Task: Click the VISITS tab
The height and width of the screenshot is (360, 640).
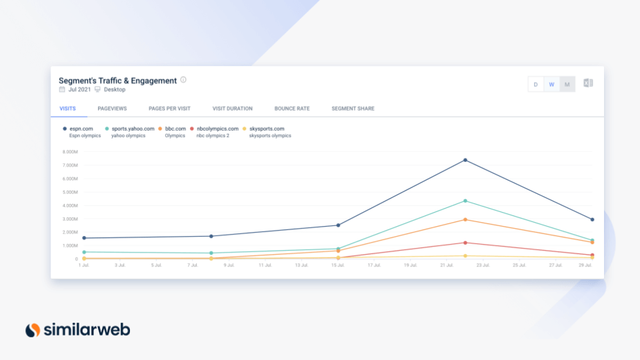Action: pyautogui.click(x=68, y=109)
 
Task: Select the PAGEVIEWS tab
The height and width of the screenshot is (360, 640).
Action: pyautogui.click(x=112, y=109)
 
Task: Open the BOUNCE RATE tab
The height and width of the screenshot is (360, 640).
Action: pyautogui.click(x=292, y=109)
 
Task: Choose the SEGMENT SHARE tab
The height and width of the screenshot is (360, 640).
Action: pyautogui.click(x=353, y=109)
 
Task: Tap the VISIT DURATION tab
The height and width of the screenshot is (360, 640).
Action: pyautogui.click(x=232, y=109)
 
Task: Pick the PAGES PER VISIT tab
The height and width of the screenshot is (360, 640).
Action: pyautogui.click(x=169, y=109)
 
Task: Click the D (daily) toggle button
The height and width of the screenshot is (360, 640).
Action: pyautogui.click(x=535, y=84)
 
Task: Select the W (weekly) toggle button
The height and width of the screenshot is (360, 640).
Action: pyautogui.click(x=551, y=84)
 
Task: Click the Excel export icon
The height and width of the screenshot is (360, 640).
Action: pyautogui.click(x=588, y=83)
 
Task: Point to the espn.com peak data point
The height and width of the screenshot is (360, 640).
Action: pyautogui.click(x=465, y=160)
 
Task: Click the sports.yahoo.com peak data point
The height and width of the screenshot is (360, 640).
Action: pyautogui.click(x=465, y=201)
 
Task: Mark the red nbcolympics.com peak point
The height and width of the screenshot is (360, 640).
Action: pyautogui.click(x=465, y=243)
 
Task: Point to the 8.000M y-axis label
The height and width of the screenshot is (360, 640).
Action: pyautogui.click(x=70, y=152)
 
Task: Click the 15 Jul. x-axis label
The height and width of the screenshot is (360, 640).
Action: pyautogui.click(x=337, y=265)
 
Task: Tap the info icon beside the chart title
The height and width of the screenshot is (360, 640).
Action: pyautogui.click(x=183, y=79)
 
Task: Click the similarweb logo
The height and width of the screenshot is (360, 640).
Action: pyautogui.click(x=77, y=330)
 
